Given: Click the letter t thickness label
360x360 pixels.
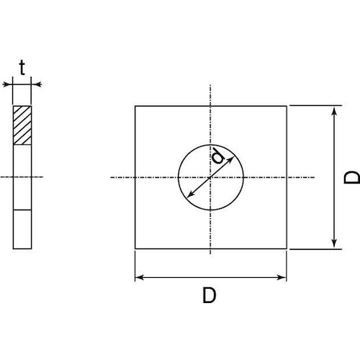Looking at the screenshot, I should click(x=22, y=68).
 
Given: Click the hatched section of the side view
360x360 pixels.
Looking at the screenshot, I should click(x=23, y=126).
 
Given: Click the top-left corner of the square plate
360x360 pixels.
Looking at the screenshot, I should click(x=135, y=107).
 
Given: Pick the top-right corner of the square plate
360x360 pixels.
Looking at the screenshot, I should click(x=287, y=107).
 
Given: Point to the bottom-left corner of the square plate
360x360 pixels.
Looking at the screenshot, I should click(x=135, y=249).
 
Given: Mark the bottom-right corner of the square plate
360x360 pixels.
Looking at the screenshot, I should click(x=287, y=249).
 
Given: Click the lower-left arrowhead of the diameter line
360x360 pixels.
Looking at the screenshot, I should click(x=189, y=196).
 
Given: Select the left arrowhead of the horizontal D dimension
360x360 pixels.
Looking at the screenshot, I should click(x=138, y=276).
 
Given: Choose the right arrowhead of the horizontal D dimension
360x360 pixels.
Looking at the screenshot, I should click(x=284, y=276).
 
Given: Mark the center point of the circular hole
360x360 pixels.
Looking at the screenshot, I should click(x=211, y=177).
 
